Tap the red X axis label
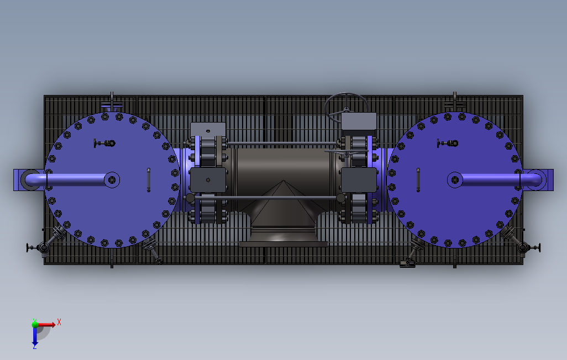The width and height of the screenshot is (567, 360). (x=59, y=322)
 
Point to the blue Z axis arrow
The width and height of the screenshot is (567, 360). (x=35, y=337)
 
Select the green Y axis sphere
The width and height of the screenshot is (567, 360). (x=35, y=324)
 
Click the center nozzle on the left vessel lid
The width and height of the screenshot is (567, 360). (x=112, y=179)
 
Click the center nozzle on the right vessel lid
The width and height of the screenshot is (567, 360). (x=455, y=179)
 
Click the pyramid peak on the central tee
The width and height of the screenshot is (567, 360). (x=283, y=181)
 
